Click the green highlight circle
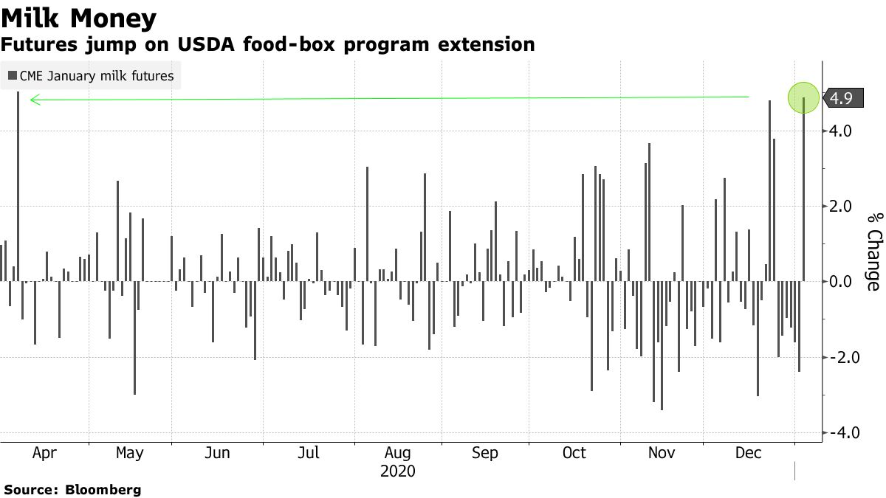(x=803, y=97)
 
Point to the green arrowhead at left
(x=32, y=100)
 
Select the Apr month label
(x=44, y=453)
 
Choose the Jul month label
(x=309, y=453)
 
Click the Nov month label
(x=661, y=453)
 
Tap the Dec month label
(x=748, y=453)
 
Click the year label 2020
(x=398, y=471)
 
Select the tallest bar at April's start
(x=18, y=184)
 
